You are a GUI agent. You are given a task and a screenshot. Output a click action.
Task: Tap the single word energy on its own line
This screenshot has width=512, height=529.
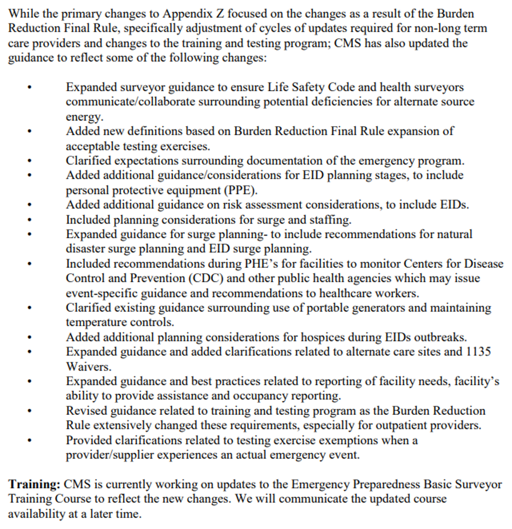[x=84, y=117]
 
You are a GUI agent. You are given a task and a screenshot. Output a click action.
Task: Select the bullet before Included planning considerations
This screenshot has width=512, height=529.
[x=29, y=220]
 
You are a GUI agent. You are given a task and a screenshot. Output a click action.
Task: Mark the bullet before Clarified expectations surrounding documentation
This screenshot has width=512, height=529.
[x=29, y=161]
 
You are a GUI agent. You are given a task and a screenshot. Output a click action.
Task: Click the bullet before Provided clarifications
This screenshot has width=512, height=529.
[x=29, y=440]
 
